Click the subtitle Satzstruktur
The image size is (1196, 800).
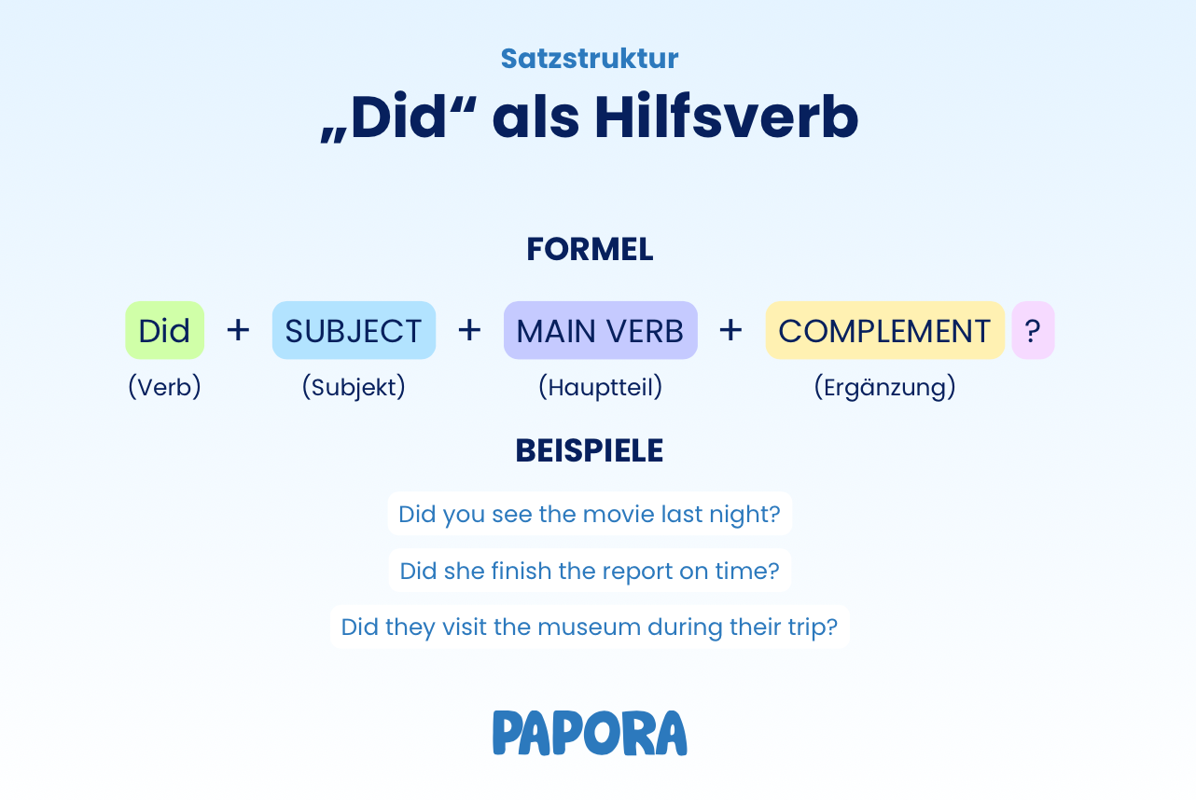tap(590, 58)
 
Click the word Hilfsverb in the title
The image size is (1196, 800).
tap(726, 117)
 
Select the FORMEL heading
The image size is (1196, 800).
tap(590, 249)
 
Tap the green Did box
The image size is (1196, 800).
tap(164, 330)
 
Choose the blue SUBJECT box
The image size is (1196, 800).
tap(354, 330)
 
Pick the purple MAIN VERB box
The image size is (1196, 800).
tap(600, 330)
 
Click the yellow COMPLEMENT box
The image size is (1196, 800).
tap(884, 330)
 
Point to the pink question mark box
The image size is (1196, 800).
tap(1033, 330)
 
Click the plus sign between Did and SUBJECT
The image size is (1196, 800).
tap(238, 330)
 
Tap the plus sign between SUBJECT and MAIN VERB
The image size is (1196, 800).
tap(469, 330)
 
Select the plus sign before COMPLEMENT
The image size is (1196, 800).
tap(730, 330)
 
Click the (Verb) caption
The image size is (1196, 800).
tap(164, 387)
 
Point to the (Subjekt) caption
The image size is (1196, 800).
tap(354, 387)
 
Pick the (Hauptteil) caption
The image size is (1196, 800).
tap(600, 387)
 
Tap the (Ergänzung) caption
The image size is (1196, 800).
tap(884, 387)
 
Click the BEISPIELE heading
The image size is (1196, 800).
tap(590, 451)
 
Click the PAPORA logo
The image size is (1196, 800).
tap(590, 733)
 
